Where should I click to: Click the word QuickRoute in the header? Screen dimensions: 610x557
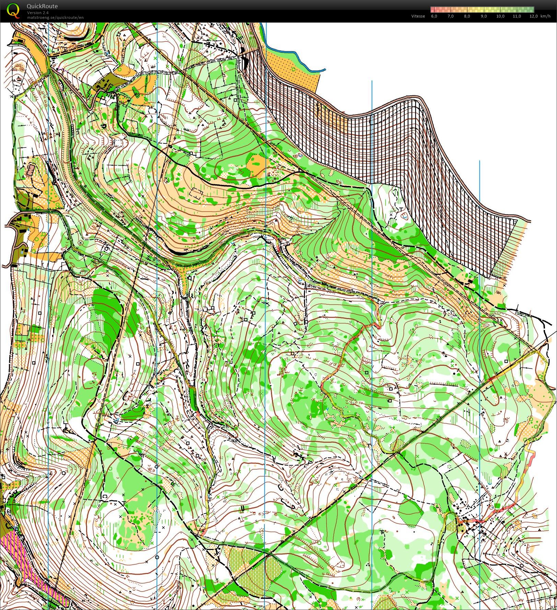(x=42, y=6)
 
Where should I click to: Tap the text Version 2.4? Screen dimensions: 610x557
(x=38, y=13)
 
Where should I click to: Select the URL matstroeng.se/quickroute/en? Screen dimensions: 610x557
(x=55, y=17)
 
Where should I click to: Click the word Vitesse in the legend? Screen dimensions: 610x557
(x=418, y=16)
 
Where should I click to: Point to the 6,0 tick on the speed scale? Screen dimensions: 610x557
(x=434, y=16)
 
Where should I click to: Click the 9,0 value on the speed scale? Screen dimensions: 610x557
(x=484, y=16)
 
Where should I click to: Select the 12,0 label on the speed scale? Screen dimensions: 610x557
(x=533, y=16)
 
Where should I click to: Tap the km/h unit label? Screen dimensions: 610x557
(x=545, y=16)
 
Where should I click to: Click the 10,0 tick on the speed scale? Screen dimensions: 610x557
(x=500, y=16)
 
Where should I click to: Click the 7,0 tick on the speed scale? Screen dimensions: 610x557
(x=450, y=16)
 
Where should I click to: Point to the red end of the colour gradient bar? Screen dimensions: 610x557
(x=433, y=9)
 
